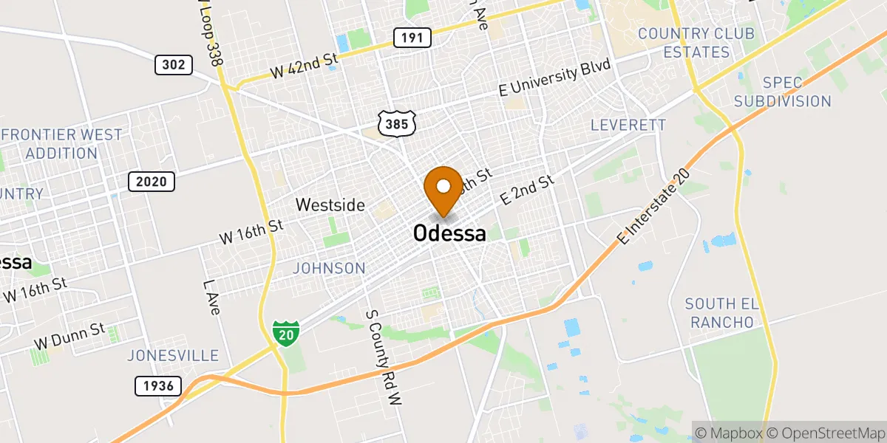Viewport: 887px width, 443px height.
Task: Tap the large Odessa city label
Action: click(x=449, y=234)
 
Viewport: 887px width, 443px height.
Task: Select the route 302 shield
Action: click(x=174, y=65)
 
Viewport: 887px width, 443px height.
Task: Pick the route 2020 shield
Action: click(x=152, y=181)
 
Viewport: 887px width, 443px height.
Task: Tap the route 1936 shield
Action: click(x=158, y=385)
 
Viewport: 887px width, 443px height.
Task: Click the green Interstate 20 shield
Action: click(x=285, y=333)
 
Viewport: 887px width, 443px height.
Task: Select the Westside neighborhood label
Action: click(x=330, y=205)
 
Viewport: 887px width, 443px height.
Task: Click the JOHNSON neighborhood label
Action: click(x=329, y=268)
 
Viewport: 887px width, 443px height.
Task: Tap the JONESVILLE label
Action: click(x=173, y=355)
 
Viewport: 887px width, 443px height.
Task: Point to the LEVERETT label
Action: click(x=628, y=126)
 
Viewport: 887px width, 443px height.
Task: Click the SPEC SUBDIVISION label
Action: click(x=787, y=92)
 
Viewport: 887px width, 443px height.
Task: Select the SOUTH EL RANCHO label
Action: click(x=719, y=313)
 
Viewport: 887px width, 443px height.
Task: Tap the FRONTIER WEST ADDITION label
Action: click(x=62, y=144)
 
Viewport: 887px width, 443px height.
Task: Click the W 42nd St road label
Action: click(x=304, y=66)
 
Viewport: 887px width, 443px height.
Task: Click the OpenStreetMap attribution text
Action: click(x=825, y=432)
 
